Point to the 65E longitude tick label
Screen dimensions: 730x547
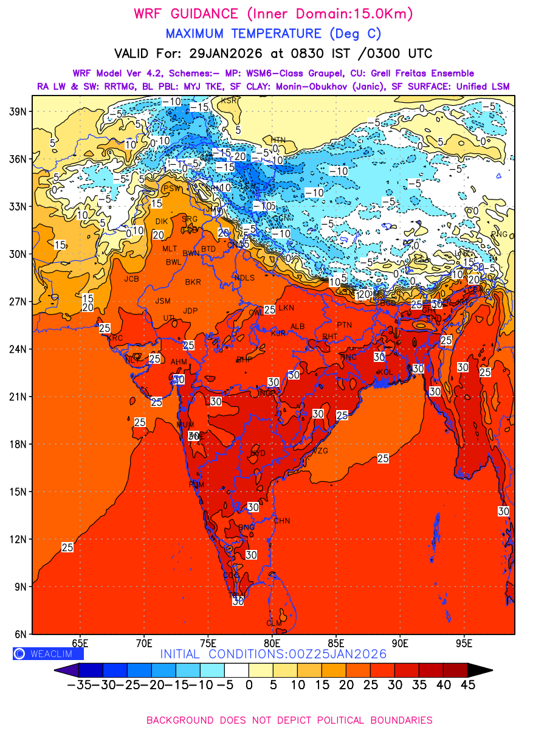(80, 643)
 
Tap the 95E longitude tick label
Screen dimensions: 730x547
(465, 643)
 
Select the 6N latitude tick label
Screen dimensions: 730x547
(19, 634)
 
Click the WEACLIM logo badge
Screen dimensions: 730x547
(48, 654)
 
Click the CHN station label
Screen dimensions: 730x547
(282, 521)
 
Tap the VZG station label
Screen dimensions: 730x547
(320, 451)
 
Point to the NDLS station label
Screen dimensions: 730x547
(244, 277)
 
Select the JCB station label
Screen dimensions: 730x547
(132, 279)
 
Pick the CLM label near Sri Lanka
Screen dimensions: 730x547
(275, 623)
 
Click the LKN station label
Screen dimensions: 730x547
(286, 308)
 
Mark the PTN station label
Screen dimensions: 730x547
(344, 325)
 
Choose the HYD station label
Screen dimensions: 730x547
(258, 453)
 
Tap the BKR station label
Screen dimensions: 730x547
(193, 282)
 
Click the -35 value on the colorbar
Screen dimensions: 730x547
(79, 685)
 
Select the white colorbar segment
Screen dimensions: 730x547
(236, 670)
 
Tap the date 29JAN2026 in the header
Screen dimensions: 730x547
(226, 54)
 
